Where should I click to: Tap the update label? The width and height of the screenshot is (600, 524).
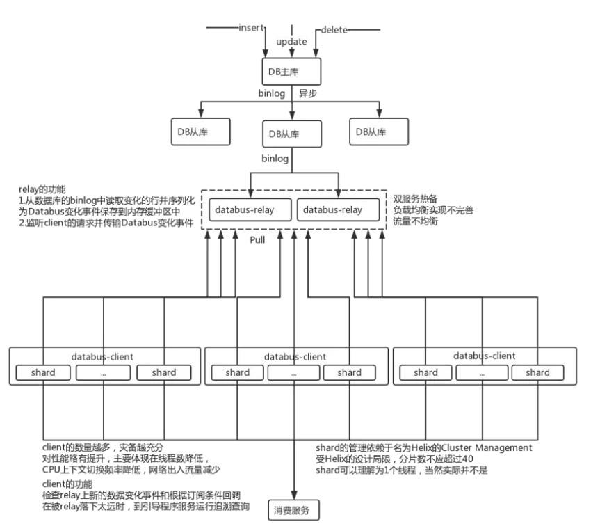tap(291, 42)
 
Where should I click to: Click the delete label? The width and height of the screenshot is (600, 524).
tap(334, 31)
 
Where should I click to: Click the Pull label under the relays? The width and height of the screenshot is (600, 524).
tap(259, 238)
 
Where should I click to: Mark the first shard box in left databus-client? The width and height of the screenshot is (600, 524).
tap(43, 372)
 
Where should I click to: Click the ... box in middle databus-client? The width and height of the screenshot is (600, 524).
tap(293, 372)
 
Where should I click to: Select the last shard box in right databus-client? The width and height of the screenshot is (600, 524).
tap(537, 372)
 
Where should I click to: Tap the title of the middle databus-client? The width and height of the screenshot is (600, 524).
tap(295, 356)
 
